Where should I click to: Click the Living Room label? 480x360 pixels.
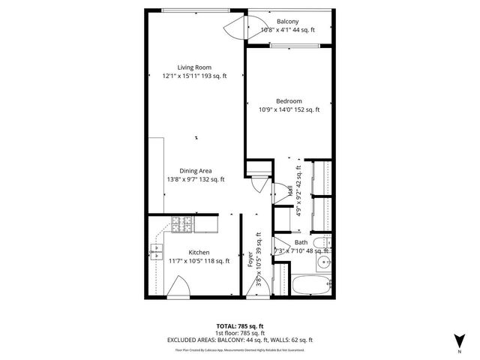click(194, 67)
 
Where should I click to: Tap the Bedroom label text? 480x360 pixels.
click(289, 101)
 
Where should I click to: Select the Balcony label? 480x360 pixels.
click(287, 22)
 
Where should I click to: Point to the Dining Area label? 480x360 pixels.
click(195, 171)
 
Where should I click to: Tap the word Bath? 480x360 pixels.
click(301, 242)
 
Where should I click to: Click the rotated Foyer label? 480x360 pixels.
click(250, 260)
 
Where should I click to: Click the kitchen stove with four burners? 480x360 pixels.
click(182, 222)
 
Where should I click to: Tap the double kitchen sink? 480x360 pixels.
click(156, 252)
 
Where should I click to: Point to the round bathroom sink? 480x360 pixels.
click(323, 262)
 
